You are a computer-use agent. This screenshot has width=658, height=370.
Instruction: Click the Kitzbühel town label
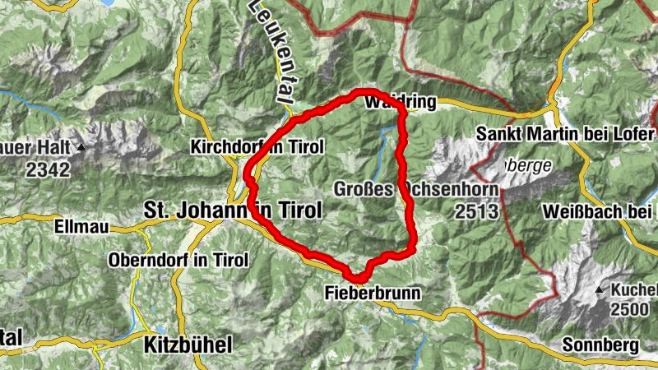pyautogui.click(x=188, y=343)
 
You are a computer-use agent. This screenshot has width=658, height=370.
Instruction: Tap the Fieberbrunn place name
pyautogui.click(x=373, y=292)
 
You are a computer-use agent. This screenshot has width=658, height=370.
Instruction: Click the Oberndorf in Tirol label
pyautogui.click(x=178, y=260)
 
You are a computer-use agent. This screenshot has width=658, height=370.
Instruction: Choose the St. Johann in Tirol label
pyautogui.click(x=232, y=210)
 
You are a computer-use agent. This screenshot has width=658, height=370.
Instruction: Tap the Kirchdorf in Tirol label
pyautogui.click(x=257, y=147)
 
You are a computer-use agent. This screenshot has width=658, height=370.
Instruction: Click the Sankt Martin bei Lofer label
pyautogui.click(x=561, y=134)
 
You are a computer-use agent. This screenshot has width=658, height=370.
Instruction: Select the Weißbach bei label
pyautogui.click(x=600, y=211)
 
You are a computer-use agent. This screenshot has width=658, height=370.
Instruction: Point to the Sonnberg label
pyautogui.click(x=600, y=345)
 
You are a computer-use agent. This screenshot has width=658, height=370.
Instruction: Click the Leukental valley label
pyautogui.click(x=273, y=49)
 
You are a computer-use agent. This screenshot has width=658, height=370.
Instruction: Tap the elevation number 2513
pyautogui.click(x=475, y=211)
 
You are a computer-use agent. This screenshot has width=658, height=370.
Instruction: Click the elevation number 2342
pyautogui.click(x=46, y=169)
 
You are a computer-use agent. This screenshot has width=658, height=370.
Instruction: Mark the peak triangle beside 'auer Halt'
pyautogui.click(x=81, y=148)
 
